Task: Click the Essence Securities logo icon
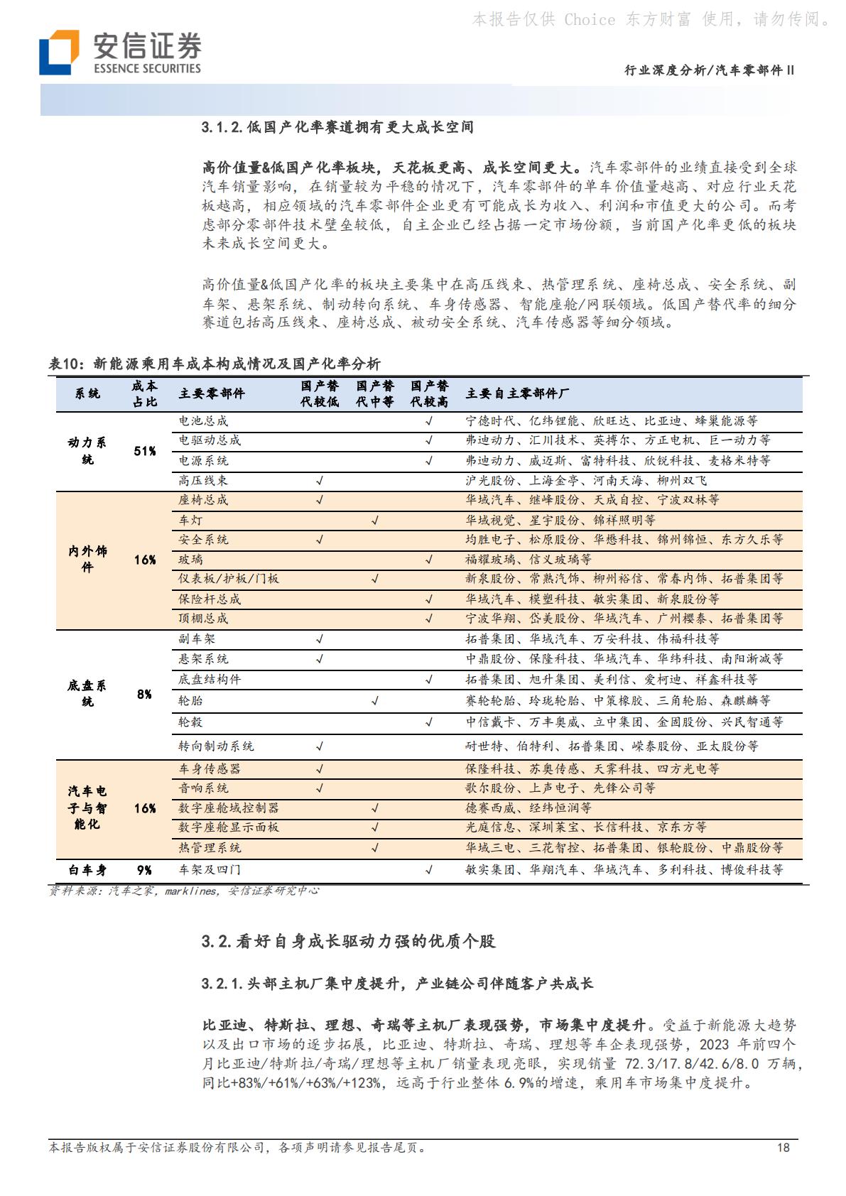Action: pos(59,52)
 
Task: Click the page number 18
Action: pos(783,1147)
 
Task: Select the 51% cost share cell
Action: pos(145,451)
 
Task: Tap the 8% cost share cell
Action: pos(145,694)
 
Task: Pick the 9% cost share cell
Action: pos(145,870)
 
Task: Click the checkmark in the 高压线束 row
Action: pos(320,481)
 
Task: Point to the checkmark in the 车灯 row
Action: pos(375,521)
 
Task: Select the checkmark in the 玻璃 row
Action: pos(429,560)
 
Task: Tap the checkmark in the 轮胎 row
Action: pos(375,701)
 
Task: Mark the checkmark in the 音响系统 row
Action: pos(320,788)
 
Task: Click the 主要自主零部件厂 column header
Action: pos(517,393)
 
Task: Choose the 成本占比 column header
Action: pos(145,393)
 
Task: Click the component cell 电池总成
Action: pos(203,421)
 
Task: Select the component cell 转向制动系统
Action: pos(216,746)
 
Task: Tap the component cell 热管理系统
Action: pos(210,848)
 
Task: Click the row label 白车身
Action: pos(87,870)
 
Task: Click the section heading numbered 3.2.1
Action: pos(397,984)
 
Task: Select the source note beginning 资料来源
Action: pos(184,891)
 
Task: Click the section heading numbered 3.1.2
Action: pos(337,127)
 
